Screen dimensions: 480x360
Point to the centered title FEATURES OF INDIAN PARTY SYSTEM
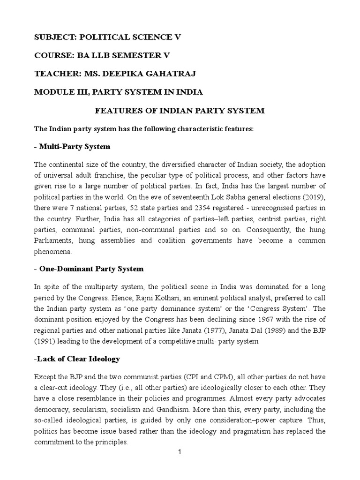tap(180, 111)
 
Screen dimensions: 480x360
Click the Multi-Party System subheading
tap(74, 147)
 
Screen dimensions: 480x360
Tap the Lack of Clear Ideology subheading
tap(78, 359)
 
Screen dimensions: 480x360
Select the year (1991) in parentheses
tap(46, 341)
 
